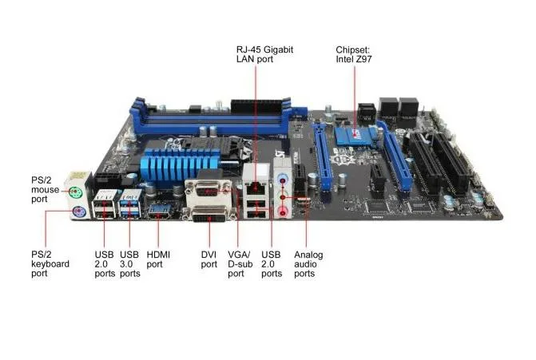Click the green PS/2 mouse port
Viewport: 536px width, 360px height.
coord(75,193)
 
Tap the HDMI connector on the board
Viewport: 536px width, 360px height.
coord(159,212)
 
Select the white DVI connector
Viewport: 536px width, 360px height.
coord(209,214)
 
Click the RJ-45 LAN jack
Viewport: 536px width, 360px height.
coord(255,186)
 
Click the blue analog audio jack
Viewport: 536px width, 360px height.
coord(282,179)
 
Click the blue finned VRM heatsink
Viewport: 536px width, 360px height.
coord(179,164)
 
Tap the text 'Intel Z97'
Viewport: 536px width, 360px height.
coord(353,59)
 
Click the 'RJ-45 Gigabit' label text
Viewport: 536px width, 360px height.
coord(264,49)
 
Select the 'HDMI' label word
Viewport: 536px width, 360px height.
coord(158,255)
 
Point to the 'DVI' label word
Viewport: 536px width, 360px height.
coord(208,255)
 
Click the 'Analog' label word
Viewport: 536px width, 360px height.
coord(308,255)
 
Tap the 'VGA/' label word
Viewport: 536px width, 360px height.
coord(239,255)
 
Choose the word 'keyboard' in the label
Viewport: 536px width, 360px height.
coord(50,263)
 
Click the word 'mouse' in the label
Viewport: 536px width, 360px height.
coord(45,190)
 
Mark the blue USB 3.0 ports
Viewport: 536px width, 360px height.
coord(130,204)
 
